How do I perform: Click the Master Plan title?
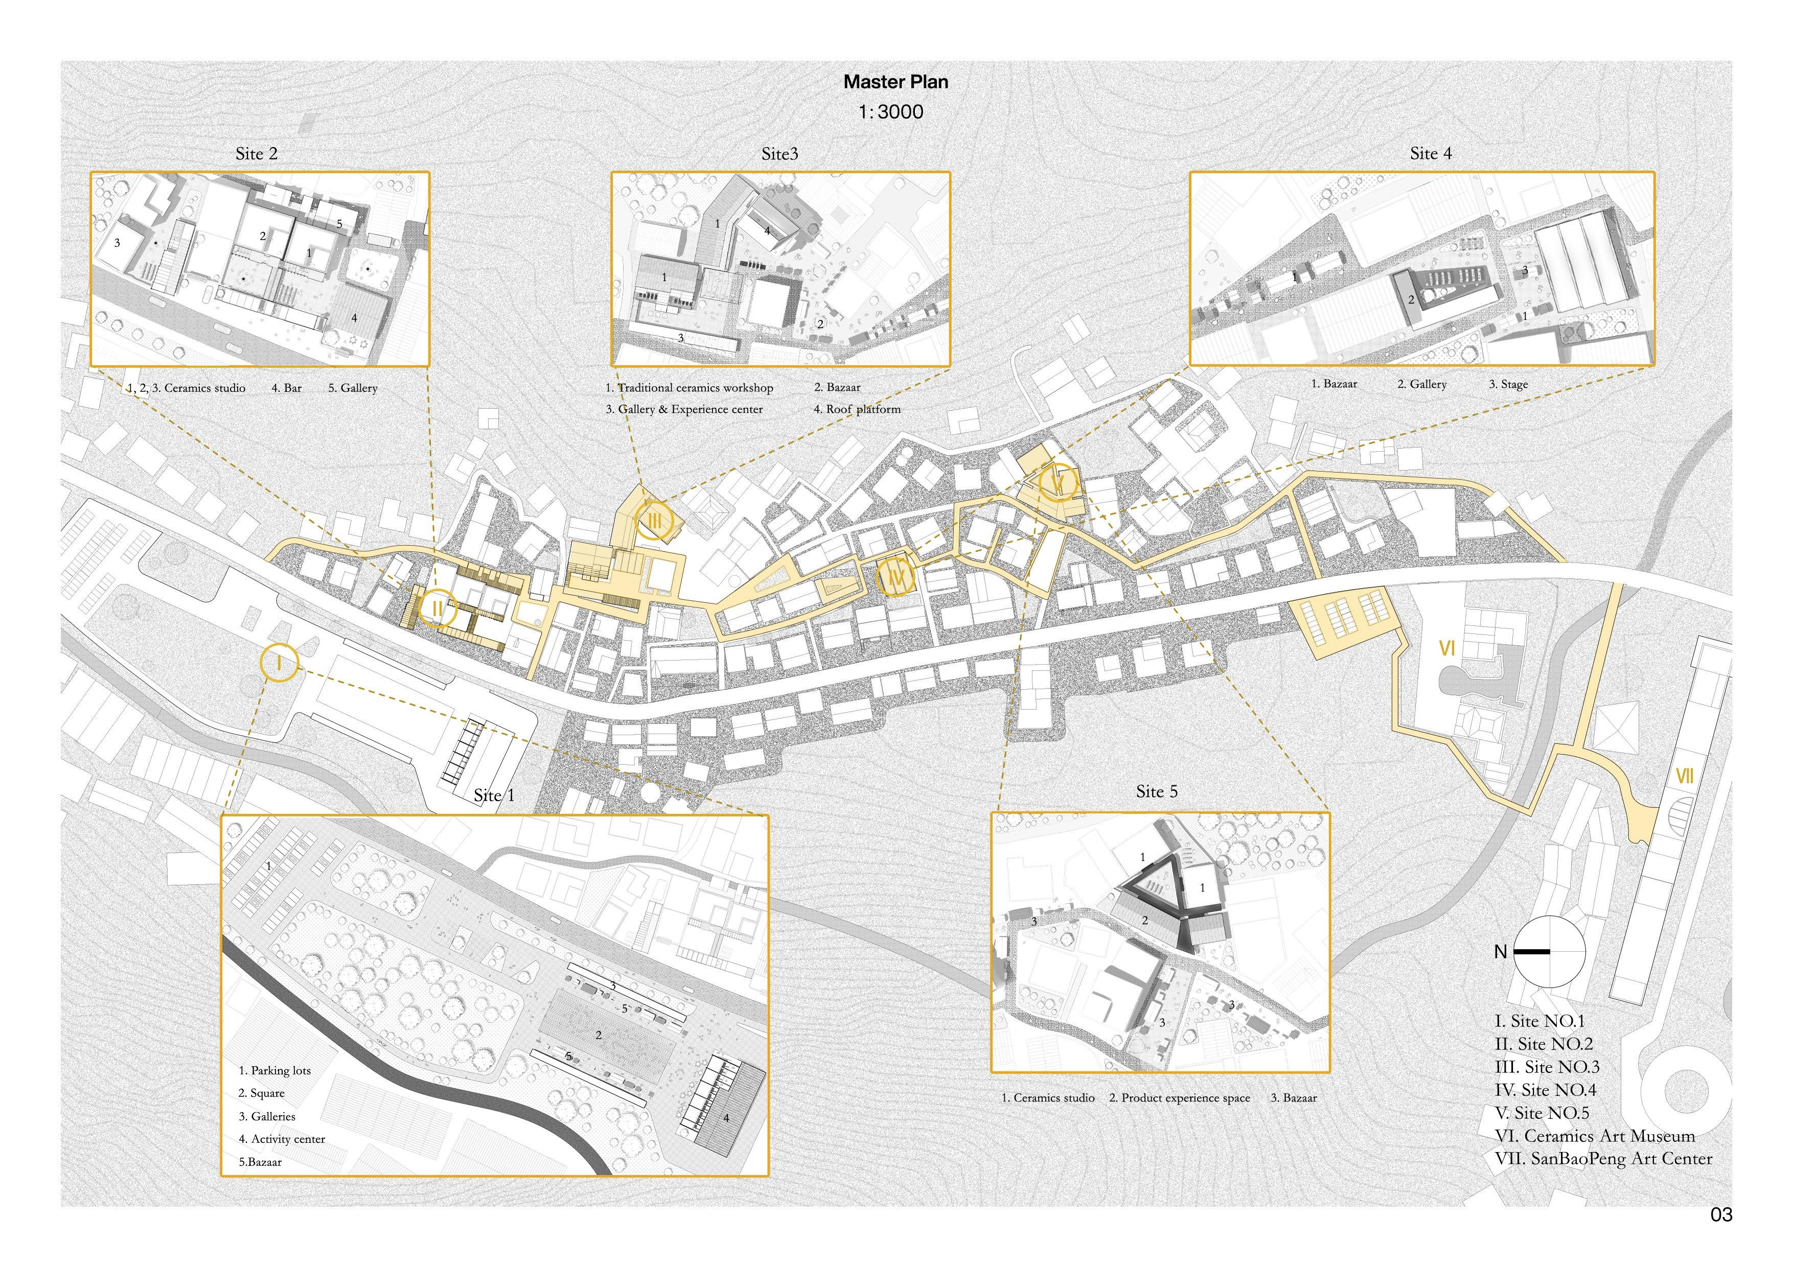click(x=895, y=82)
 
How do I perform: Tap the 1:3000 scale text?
click(x=890, y=112)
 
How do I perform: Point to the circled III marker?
click(x=654, y=520)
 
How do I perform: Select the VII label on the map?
click(x=1685, y=777)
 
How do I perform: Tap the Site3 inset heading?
click(x=779, y=154)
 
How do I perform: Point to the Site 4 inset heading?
click(x=1431, y=154)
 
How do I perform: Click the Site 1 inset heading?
click(x=494, y=795)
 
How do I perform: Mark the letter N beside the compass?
click(x=1500, y=952)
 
